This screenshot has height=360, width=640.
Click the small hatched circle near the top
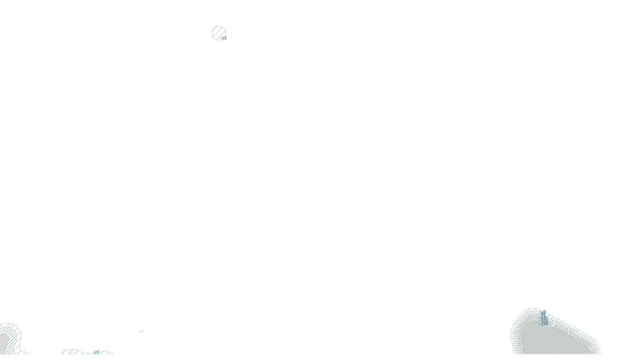coord(218,33)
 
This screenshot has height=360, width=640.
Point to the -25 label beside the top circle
coord(224,38)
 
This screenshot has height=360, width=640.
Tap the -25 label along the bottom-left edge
coord(96,352)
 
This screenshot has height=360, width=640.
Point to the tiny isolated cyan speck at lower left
coord(140,331)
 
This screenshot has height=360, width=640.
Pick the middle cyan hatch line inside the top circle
coord(218,33)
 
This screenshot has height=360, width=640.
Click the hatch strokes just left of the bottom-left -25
coord(70,352)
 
